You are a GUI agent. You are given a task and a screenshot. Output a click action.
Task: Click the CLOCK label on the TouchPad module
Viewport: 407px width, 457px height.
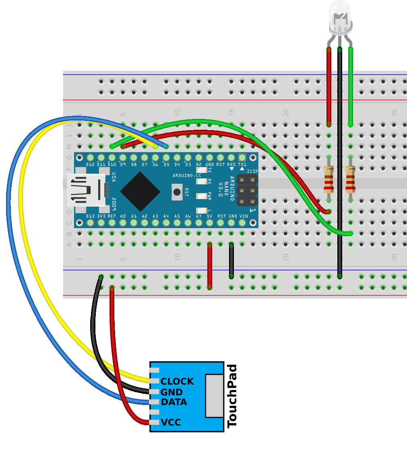(x=177, y=381)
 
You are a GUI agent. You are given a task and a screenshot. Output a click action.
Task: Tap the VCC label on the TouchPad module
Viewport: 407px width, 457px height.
(x=171, y=422)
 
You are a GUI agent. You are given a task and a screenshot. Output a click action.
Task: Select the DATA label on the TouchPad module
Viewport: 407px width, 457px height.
(x=174, y=402)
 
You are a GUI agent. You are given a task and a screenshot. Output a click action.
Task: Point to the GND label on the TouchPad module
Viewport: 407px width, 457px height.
(x=171, y=392)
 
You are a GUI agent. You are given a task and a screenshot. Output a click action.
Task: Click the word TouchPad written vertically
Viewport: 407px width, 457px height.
(x=232, y=396)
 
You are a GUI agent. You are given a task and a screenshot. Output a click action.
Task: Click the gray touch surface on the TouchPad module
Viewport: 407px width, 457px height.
(x=214, y=396)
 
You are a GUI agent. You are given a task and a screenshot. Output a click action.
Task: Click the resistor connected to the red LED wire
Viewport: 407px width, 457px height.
(x=329, y=179)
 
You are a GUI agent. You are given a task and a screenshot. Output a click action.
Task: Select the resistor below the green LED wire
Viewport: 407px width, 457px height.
(x=350, y=179)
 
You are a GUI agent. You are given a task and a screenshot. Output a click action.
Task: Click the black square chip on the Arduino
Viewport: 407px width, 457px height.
(x=140, y=191)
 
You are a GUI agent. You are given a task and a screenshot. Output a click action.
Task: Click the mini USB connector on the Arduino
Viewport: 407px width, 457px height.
(x=87, y=190)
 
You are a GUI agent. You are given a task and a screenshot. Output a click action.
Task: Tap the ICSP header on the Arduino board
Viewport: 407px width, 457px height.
(x=247, y=190)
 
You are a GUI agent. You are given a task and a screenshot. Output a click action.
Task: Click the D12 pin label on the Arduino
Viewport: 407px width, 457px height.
(x=90, y=164)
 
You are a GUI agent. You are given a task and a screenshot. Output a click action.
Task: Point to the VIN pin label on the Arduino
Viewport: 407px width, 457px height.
(x=244, y=216)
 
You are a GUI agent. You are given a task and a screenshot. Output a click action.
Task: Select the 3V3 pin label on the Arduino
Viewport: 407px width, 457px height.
(x=101, y=216)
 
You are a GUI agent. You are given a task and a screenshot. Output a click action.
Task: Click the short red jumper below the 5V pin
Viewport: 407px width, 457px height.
(x=210, y=266)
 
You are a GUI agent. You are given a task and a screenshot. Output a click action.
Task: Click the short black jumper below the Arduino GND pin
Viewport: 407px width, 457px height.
(x=231, y=260)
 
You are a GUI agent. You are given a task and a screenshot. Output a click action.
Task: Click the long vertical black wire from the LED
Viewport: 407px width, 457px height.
(x=340, y=161)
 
